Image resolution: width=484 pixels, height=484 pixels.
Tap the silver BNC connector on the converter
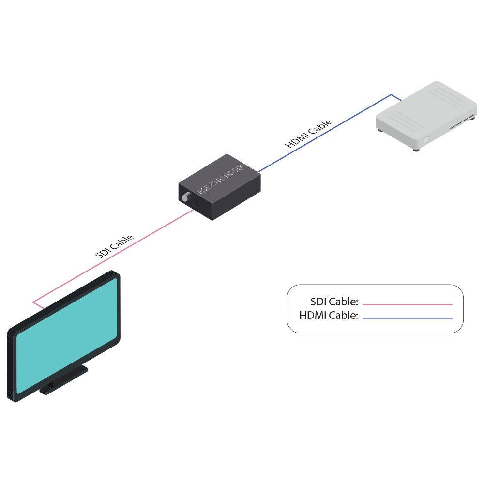pyautogui.click(x=186, y=197)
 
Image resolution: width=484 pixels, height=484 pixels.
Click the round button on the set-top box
pyautogui.click(x=426, y=140)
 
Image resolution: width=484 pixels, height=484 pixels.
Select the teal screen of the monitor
pyautogui.click(x=67, y=334)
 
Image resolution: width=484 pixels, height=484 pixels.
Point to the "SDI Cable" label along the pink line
pyautogui.click(x=115, y=246)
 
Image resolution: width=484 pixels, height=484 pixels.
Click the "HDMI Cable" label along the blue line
pyautogui.click(x=309, y=134)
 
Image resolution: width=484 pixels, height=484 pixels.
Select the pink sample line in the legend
pyautogui.click(x=407, y=304)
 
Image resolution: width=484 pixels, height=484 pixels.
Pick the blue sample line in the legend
pyautogui.click(x=407, y=318)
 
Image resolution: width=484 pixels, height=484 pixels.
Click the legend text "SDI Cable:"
pyautogui.click(x=334, y=302)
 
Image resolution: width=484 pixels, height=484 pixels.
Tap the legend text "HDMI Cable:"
pyautogui.click(x=329, y=316)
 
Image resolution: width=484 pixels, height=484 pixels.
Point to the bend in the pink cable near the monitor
pyautogui.click(x=33, y=302)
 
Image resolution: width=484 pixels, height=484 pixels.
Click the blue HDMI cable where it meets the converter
pyautogui.click(x=258, y=171)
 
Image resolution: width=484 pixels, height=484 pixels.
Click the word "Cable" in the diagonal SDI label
pyautogui.click(x=123, y=242)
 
